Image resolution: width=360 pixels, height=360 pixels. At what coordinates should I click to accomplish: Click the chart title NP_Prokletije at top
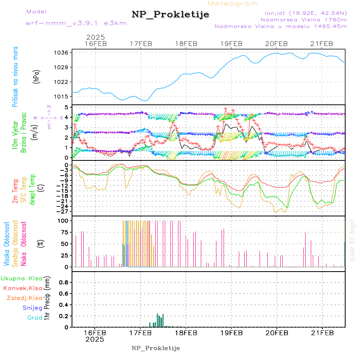pos(170,15)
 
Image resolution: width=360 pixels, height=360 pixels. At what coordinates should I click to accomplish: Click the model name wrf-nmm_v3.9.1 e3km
pos(76,23)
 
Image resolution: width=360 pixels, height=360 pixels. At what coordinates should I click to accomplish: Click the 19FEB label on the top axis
pos(232,44)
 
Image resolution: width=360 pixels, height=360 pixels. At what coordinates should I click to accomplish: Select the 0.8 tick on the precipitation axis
pos(63,282)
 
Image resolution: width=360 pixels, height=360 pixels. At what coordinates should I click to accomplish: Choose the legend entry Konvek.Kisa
pos(22,288)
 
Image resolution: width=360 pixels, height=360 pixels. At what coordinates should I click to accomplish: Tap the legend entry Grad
pos(35,318)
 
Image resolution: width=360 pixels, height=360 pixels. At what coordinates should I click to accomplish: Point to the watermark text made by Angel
pos(352,240)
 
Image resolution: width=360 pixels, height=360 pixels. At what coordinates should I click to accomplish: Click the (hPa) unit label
pos(37,76)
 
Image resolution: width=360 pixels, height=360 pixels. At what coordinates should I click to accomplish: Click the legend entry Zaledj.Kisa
pos(24,298)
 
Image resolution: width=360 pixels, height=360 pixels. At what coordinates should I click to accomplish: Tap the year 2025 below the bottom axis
pos(95,339)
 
